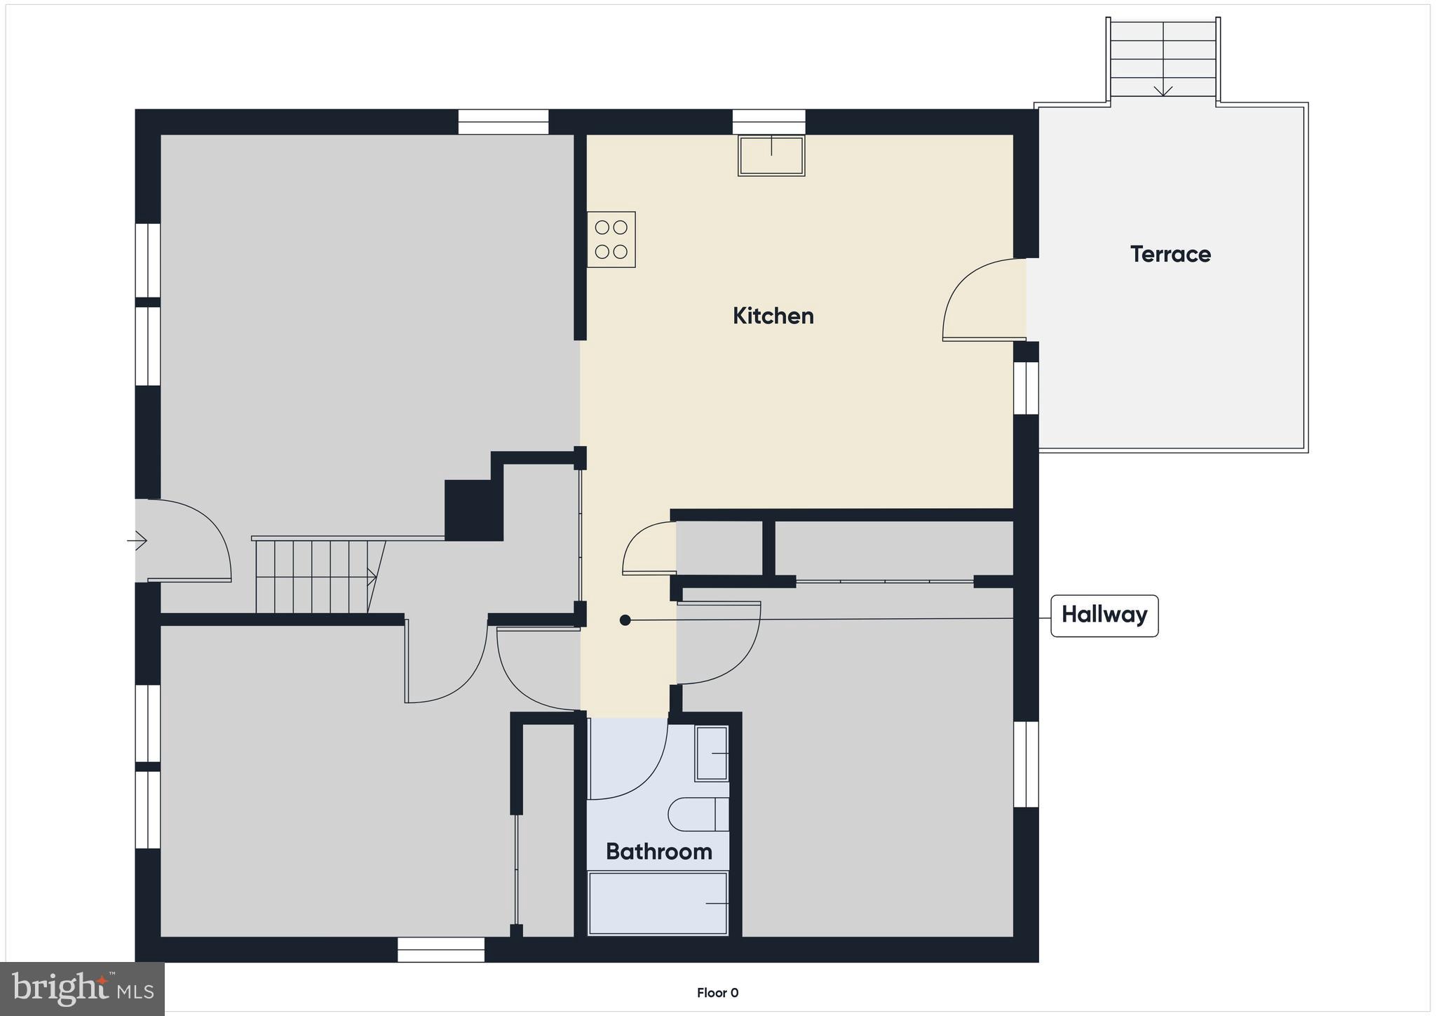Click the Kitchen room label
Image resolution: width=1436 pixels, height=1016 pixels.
point(773,316)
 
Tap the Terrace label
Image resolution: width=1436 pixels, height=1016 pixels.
point(1170,254)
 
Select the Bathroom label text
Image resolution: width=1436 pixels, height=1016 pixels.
point(658,851)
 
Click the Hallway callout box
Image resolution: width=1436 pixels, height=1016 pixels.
point(1104,615)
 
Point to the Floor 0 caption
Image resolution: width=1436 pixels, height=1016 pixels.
point(717,993)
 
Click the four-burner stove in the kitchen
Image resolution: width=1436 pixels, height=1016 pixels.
point(611,239)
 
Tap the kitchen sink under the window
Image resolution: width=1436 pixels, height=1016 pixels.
point(771,156)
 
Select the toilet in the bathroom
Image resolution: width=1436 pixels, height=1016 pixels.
point(698,815)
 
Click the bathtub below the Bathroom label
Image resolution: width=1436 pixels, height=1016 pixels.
point(658,903)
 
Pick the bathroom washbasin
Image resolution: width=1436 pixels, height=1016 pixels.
point(712,753)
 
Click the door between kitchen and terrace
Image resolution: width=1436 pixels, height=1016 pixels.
point(982,302)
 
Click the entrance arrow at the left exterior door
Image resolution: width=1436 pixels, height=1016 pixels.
point(137,541)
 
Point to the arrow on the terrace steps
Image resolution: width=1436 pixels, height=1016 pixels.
point(1163,89)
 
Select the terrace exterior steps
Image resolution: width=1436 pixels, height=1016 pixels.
point(1163,58)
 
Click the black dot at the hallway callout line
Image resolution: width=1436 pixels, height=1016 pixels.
point(625,620)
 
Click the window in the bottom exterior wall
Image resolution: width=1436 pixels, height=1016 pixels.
point(441,949)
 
